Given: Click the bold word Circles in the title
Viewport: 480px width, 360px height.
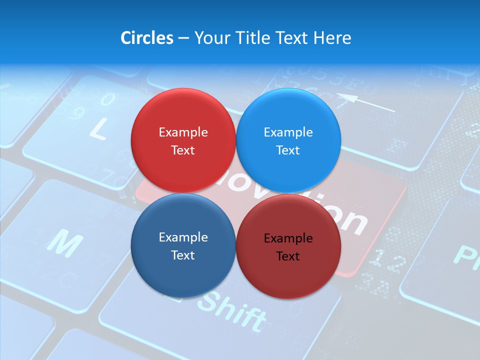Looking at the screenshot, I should (146, 37).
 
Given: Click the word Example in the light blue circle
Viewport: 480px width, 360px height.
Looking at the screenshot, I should (288, 132).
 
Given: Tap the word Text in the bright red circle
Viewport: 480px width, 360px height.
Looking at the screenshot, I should (183, 150).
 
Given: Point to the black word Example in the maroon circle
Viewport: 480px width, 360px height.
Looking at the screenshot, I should (288, 238).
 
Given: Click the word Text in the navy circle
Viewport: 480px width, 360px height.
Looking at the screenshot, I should (183, 255).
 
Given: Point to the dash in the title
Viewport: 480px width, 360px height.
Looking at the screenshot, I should (183, 38).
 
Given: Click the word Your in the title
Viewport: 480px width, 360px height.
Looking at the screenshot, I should (210, 37).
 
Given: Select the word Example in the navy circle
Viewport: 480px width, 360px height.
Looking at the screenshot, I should (183, 237).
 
